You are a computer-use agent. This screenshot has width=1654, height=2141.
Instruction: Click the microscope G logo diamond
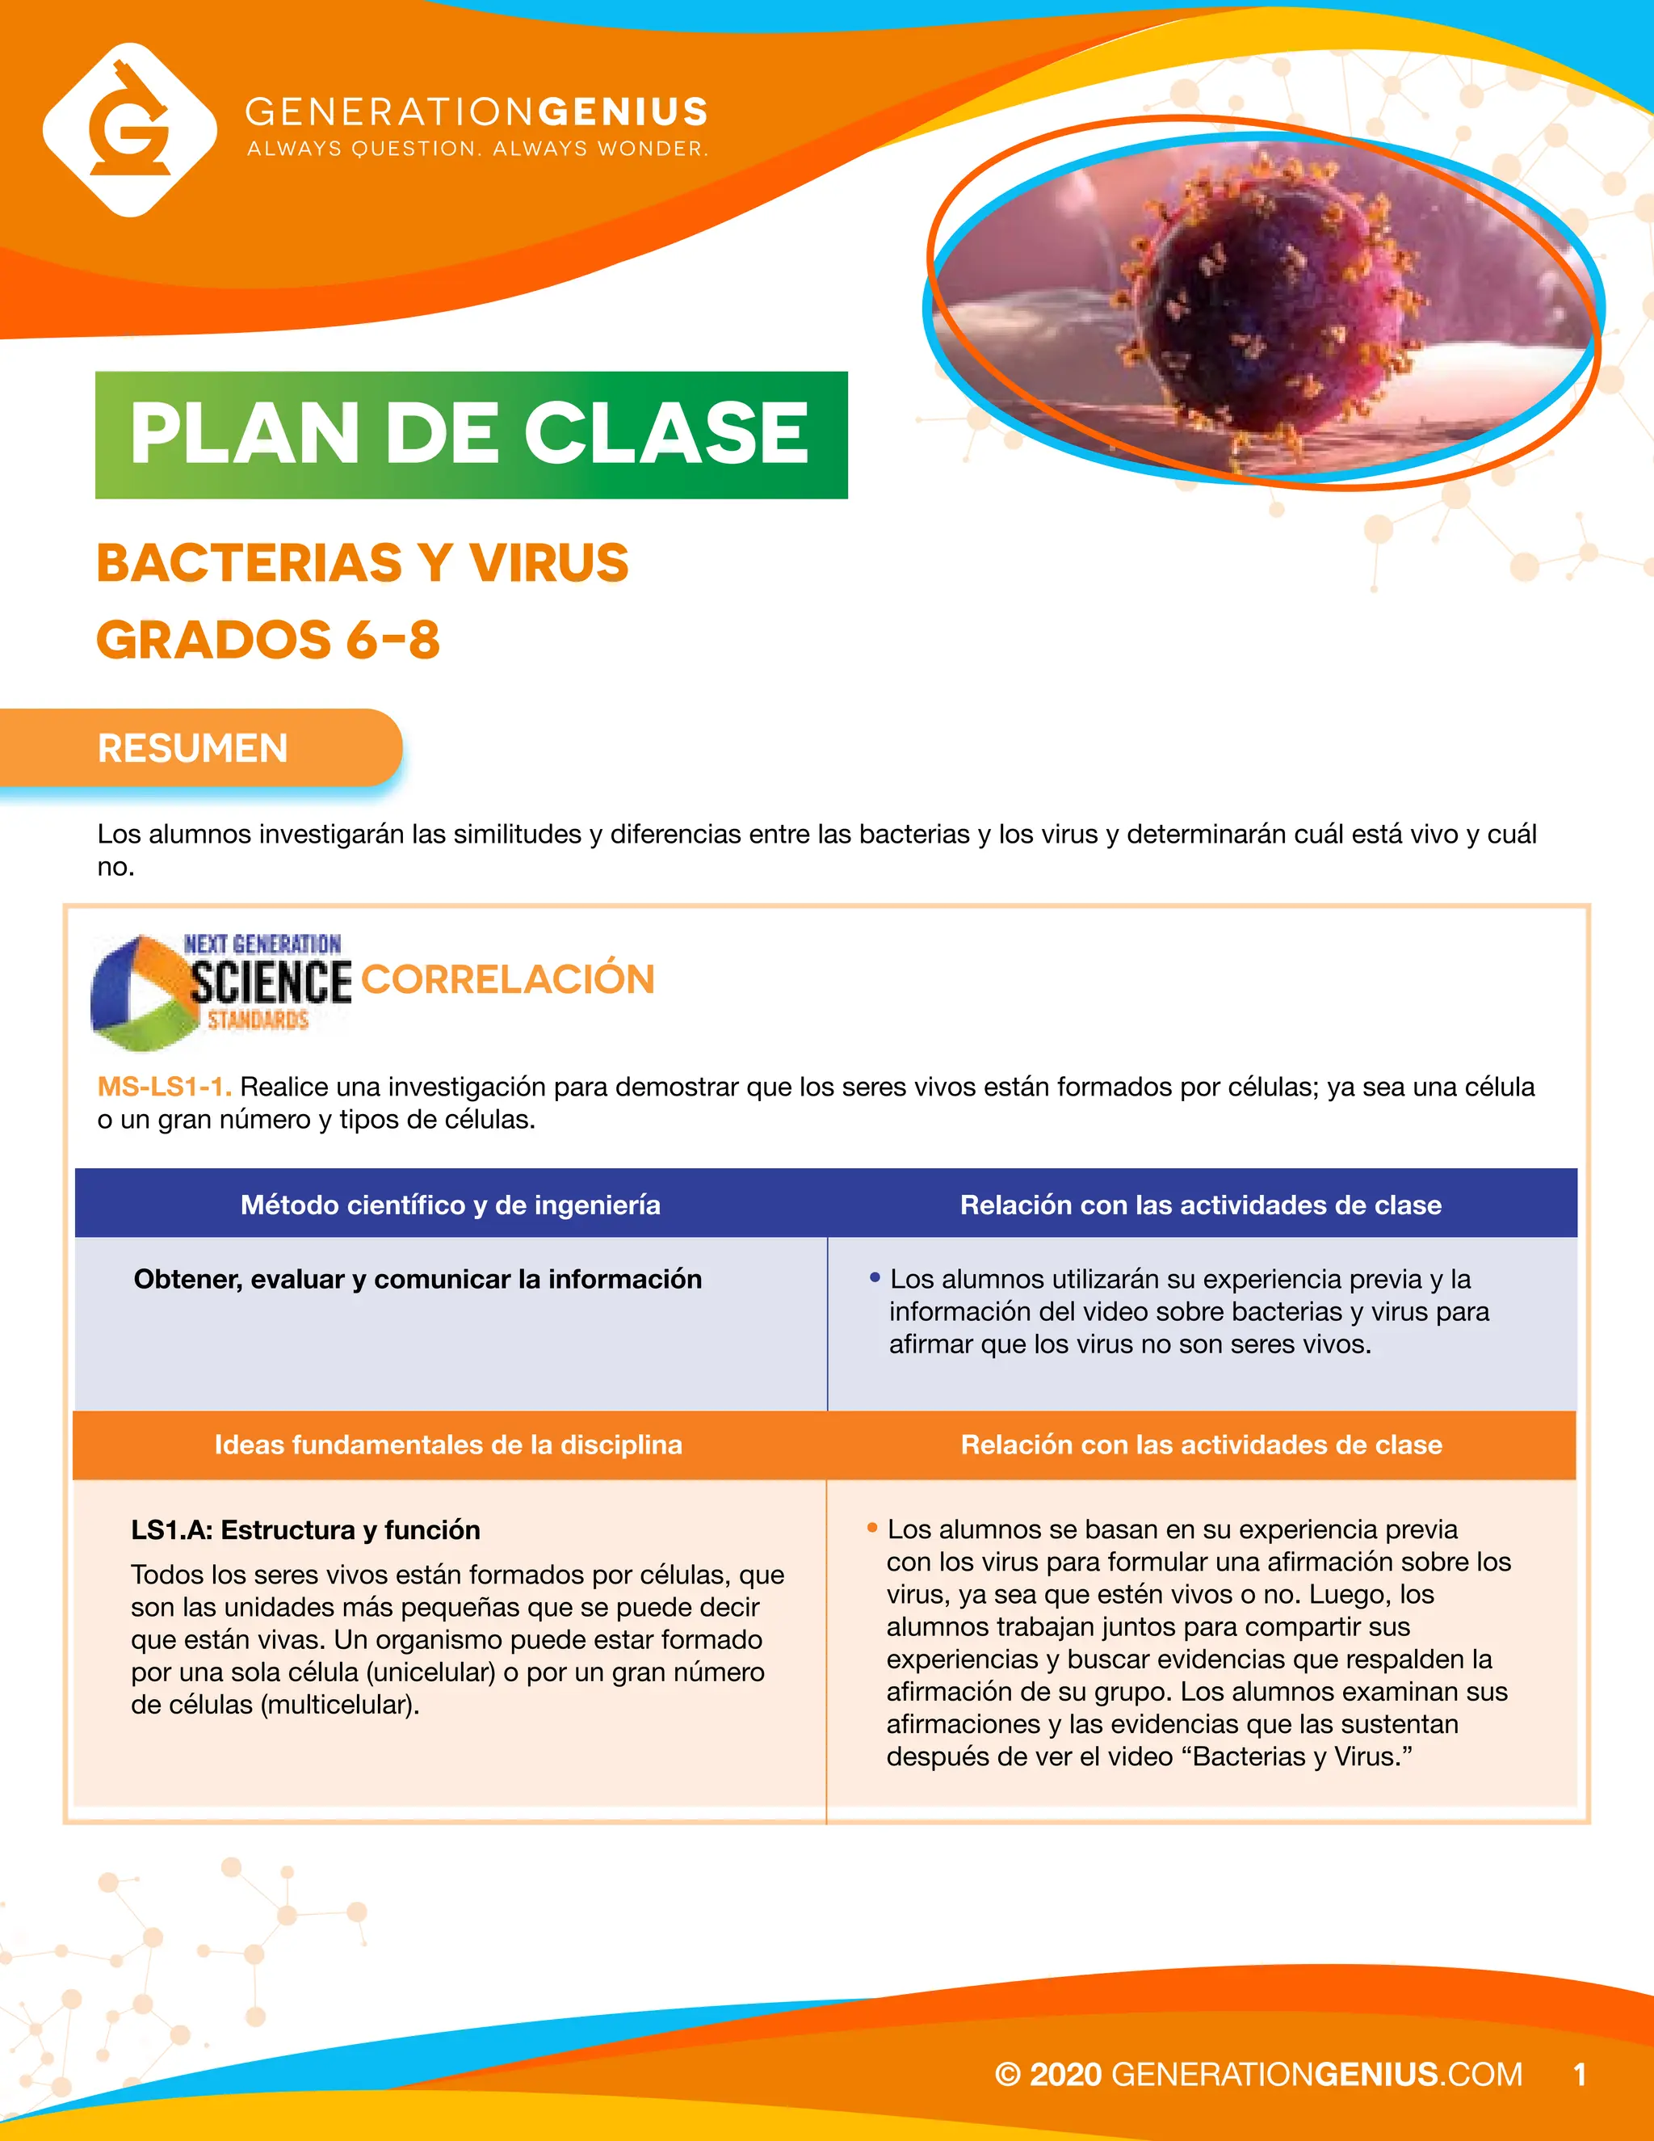(129, 128)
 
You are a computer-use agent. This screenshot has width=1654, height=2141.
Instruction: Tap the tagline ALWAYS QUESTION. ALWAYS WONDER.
(477, 149)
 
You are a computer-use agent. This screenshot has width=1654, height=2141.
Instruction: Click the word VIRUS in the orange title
(548, 562)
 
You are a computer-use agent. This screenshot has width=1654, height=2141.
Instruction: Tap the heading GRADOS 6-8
(267, 640)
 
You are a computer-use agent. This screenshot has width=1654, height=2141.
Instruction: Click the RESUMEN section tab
(193, 748)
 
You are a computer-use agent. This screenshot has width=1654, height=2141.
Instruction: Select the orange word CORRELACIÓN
(507, 979)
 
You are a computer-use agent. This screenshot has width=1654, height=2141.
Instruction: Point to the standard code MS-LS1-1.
(164, 1086)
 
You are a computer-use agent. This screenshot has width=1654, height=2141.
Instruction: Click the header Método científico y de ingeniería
(450, 1205)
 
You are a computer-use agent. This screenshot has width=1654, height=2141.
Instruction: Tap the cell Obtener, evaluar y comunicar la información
(418, 1279)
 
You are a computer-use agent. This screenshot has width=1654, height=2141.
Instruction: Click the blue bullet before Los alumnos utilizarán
(875, 1277)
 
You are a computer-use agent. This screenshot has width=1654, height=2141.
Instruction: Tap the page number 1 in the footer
(1579, 2074)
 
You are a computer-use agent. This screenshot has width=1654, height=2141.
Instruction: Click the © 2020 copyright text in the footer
(1048, 2074)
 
